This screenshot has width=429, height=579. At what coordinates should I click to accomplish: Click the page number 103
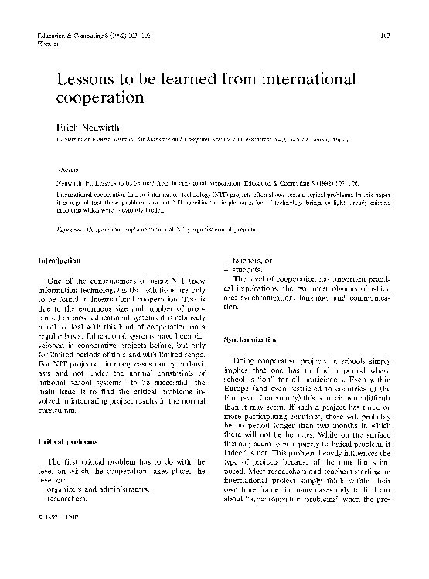tap(386, 36)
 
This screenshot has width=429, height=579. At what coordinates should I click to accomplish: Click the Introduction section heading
tap(60, 262)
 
